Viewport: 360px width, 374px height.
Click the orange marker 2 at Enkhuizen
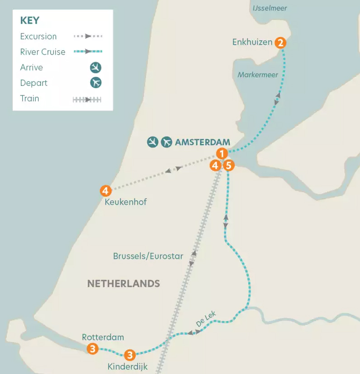(280, 43)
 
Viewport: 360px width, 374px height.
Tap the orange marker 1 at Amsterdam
(222, 153)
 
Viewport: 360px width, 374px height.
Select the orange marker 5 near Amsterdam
(228, 165)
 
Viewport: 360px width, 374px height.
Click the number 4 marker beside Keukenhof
(106, 191)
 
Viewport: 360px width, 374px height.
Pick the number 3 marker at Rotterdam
(93, 348)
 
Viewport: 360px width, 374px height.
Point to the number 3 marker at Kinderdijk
(129, 355)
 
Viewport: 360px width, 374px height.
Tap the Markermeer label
(258, 75)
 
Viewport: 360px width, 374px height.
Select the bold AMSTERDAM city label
(203, 142)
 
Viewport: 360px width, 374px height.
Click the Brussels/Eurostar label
(148, 256)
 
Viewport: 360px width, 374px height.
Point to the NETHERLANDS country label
(123, 284)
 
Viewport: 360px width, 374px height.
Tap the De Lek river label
(206, 318)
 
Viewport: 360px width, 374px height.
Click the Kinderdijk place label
(128, 367)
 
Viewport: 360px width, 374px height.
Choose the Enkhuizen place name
(252, 43)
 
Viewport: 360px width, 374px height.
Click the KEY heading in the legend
(30, 21)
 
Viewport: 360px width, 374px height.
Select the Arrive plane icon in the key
(95, 68)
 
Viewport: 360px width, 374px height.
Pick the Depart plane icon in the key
(95, 83)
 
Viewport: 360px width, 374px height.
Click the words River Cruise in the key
(43, 52)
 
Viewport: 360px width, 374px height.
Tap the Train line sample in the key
(87, 99)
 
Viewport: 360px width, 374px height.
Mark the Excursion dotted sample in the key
(88, 36)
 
